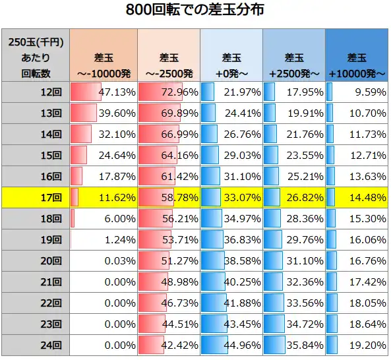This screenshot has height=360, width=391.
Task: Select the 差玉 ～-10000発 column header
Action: point(103,56)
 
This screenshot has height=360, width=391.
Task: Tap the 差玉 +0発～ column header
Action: point(231,56)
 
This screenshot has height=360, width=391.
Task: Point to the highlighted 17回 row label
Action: point(35,197)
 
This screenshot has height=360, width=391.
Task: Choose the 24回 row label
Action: point(35,345)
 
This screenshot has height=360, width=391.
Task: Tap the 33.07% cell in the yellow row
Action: point(231,197)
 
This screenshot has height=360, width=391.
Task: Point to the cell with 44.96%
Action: point(231,345)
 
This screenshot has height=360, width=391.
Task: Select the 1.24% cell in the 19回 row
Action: point(103,239)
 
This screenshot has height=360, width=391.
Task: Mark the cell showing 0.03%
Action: point(103,260)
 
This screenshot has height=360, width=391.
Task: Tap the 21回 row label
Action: point(35,282)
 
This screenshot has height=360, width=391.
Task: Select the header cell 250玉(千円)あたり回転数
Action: point(35,56)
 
